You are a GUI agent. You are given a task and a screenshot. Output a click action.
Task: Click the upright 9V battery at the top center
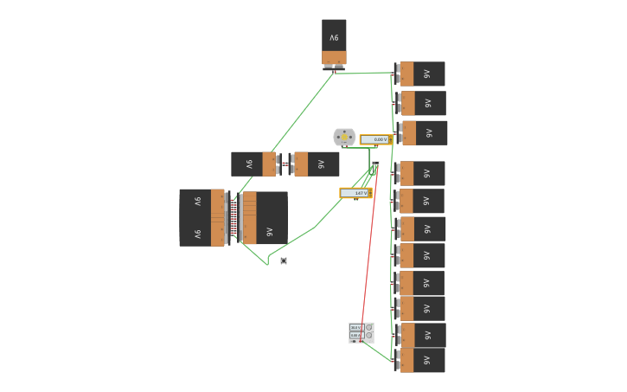tap(334, 41)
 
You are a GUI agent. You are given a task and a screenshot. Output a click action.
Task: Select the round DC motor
tap(344, 137)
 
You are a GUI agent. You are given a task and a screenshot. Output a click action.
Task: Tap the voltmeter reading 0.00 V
tap(376, 139)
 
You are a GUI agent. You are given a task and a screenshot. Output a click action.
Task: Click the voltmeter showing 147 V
tap(355, 193)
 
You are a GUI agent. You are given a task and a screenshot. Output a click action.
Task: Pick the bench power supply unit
tap(361, 333)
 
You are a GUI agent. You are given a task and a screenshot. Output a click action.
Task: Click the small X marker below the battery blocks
tap(284, 260)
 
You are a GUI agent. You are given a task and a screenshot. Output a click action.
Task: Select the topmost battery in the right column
tap(422, 74)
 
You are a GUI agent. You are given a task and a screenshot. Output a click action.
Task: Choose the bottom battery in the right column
tap(422, 360)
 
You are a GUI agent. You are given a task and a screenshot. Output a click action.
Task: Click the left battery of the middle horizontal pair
tap(253, 164)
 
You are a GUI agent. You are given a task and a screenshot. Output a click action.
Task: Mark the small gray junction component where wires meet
tap(375, 164)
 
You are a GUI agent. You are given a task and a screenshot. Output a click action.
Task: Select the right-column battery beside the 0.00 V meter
tap(424, 132)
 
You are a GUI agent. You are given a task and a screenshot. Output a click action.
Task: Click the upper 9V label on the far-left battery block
tap(197, 202)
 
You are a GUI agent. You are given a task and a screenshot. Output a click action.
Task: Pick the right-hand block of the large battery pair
tap(265, 218)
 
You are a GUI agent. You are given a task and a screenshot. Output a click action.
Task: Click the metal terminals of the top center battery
tap(334, 66)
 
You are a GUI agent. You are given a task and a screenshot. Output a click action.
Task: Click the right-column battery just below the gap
tap(422, 173)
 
